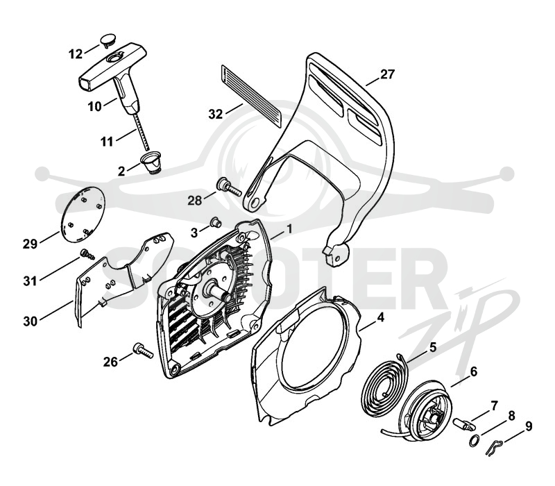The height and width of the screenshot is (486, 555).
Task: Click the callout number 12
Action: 76,54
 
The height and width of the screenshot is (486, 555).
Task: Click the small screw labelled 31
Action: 87,254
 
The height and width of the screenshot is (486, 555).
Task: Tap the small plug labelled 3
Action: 215,222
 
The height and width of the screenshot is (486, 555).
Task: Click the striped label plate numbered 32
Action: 250,96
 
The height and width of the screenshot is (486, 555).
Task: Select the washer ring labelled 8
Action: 475,441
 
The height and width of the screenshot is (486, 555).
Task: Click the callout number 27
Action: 387,75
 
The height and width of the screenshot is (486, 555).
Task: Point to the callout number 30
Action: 31,321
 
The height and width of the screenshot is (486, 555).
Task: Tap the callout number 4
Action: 380,318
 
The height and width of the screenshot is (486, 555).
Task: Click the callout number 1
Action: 289,229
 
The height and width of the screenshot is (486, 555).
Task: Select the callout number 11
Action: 107,142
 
